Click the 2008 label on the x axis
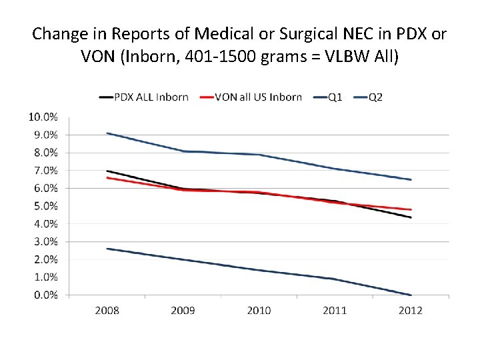(107, 311)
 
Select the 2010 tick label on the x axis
(259, 311)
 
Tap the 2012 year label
(410, 311)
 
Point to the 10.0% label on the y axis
(43, 117)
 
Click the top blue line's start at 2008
(107, 133)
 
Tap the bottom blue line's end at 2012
(411, 295)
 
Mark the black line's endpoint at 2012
(411, 217)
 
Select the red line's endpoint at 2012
(411, 209)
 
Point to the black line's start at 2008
(107, 171)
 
